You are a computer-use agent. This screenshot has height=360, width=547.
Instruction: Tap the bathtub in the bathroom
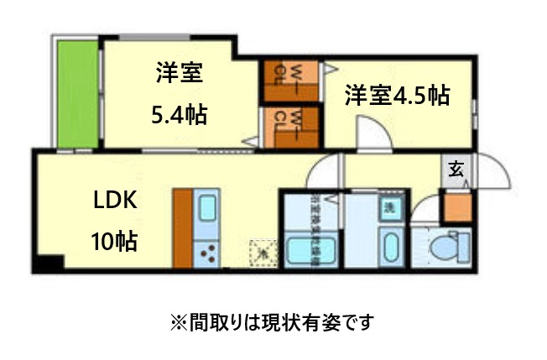(310, 249)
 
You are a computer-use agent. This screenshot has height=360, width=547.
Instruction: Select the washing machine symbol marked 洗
(389, 207)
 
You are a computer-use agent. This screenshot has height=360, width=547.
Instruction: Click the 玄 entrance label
(455, 169)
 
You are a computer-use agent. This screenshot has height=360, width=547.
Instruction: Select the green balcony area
(78, 92)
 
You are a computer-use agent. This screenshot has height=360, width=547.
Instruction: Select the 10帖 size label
(115, 243)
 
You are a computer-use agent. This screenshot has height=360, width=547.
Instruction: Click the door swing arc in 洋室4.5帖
(370, 133)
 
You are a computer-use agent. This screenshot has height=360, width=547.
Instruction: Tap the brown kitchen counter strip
(183, 227)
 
